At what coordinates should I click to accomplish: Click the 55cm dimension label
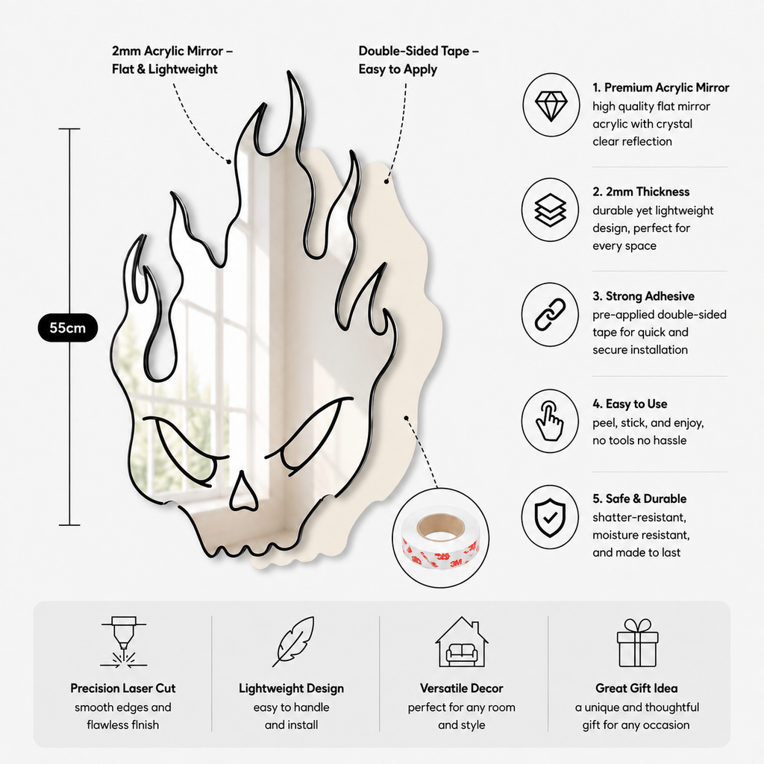[68, 328]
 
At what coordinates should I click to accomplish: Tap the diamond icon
[551, 105]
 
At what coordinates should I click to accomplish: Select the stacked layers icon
[551, 210]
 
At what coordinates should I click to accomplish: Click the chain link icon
[550, 315]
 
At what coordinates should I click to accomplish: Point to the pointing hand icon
[550, 422]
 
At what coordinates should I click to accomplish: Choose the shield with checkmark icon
[550, 518]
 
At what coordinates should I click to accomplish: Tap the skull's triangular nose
[243, 492]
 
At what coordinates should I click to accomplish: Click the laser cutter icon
[124, 642]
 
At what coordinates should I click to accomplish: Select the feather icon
[292, 641]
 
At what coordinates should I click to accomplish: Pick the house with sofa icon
[462, 642]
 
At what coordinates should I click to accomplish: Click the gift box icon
[637, 642]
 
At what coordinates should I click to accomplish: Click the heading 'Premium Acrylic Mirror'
[666, 88]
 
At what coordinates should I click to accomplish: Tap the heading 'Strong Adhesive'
[650, 296]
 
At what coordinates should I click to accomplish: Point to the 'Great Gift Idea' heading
[636, 688]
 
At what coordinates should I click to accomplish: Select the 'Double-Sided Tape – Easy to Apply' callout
[419, 60]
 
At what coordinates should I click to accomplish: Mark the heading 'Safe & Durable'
[646, 498]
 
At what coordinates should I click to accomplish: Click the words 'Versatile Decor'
[461, 688]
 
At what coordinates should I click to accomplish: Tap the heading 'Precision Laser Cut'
[123, 688]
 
